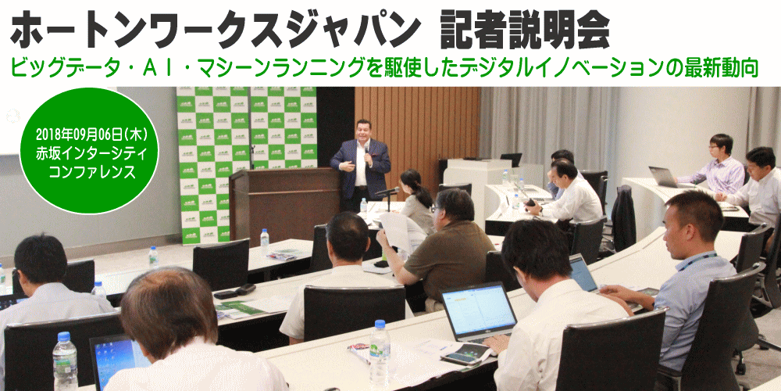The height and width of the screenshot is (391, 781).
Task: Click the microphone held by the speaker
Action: point(367,155)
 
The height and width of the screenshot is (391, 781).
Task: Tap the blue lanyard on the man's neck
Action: point(697,261)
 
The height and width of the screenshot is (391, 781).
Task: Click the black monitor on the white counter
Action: point(511,160)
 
